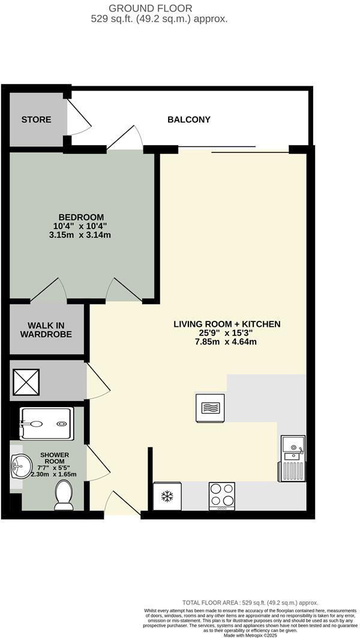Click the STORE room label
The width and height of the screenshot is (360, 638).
click(x=36, y=119)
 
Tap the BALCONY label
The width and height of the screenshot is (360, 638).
click(x=188, y=119)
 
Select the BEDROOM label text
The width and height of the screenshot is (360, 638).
click(x=81, y=217)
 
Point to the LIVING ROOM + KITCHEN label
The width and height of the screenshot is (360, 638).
click(x=227, y=324)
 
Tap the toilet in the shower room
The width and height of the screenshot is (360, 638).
click(x=64, y=496)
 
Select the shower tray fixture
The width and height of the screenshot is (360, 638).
click(x=47, y=424)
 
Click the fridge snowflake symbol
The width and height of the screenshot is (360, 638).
click(x=167, y=496)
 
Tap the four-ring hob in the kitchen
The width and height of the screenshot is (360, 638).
click(x=222, y=496)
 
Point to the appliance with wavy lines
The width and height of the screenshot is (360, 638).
click(x=209, y=408)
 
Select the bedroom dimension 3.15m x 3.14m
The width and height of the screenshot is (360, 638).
click(x=81, y=235)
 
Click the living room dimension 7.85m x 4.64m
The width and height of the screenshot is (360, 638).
click(x=227, y=342)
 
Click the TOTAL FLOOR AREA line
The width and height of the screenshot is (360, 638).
click(x=250, y=603)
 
